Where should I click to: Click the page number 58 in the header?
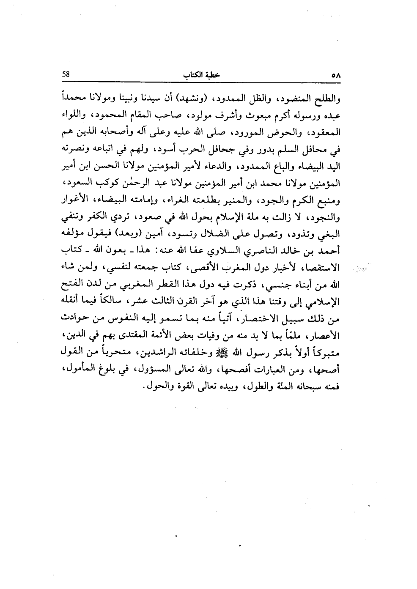[x=66, y=73]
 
